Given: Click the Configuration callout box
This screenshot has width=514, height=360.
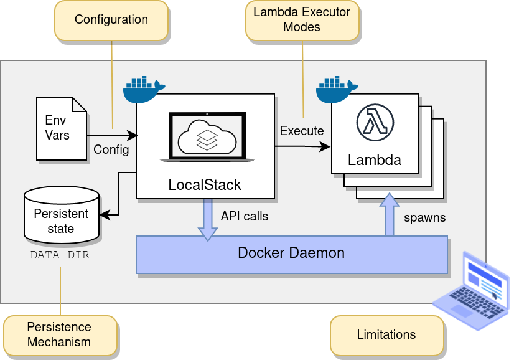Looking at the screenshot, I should pyautogui.click(x=111, y=19).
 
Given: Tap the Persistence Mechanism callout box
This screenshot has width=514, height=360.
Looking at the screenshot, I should pyautogui.click(x=60, y=334).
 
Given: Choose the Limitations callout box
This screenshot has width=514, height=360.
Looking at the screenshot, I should pyautogui.click(x=386, y=334).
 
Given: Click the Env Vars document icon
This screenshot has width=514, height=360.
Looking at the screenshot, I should pyautogui.click(x=61, y=128).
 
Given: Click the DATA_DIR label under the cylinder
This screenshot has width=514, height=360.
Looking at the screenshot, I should pyautogui.click(x=60, y=255).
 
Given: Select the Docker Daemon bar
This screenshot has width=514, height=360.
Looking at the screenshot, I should pyautogui.click(x=292, y=254).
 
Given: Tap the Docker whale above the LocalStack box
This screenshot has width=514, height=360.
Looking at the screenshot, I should pyautogui.click(x=144, y=89).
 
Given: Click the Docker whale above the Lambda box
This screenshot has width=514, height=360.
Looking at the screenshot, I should pyautogui.click(x=337, y=89).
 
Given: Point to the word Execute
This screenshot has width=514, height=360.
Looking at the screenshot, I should pyautogui.click(x=302, y=131).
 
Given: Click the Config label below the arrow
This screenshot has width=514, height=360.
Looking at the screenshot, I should pyautogui.click(x=111, y=149).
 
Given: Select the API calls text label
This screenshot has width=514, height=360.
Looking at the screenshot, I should pyautogui.click(x=245, y=216).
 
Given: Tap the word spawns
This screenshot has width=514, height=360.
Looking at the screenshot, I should pyautogui.click(x=424, y=218).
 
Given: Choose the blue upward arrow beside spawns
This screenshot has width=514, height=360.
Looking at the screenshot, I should pyautogui.click(x=390, y=215).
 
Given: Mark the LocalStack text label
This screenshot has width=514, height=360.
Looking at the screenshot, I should pyautogui.click(x=205, y=185).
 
